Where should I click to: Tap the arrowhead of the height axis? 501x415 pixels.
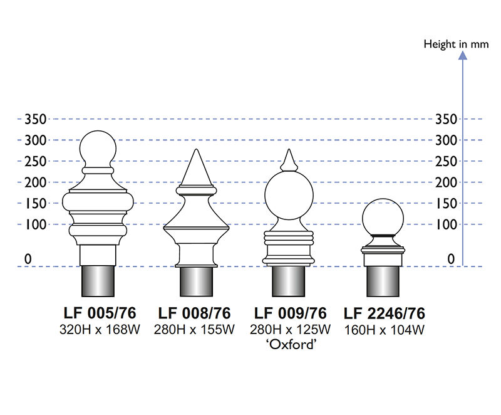[x=463, y=55]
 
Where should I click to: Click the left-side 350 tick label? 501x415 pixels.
[x=35, y=119]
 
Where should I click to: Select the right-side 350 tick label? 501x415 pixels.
[x=446, y=119]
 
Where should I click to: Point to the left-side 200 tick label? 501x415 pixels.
[x=35, y=182]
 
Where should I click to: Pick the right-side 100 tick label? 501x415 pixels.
[x=446, y=224]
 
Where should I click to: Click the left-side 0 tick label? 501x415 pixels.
[x=28, y=258]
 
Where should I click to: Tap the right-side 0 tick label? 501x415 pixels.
[x=451, y=258]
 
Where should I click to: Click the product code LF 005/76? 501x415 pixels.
[x=100, y=313]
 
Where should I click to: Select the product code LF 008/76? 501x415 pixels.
[x=194, y=313]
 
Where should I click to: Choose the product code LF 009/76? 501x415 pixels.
[x=290, y=313]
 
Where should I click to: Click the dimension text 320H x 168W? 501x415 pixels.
[x=100, y=329]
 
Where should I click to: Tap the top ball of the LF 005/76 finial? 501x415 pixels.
[x=100, y=149]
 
